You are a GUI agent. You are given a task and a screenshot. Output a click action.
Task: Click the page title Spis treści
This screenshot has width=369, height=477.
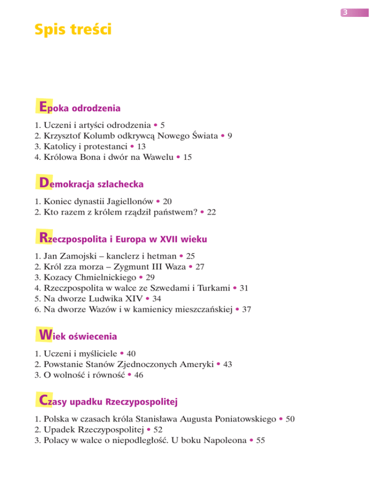[73, 30]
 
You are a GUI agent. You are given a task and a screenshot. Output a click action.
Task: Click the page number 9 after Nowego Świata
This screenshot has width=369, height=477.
[230, 136]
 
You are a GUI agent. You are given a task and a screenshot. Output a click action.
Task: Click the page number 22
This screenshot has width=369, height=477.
[211, 211]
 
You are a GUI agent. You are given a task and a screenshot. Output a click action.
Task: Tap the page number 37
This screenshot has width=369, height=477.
[246, 310]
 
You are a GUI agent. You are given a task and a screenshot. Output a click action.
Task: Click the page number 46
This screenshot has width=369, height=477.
[138, 375]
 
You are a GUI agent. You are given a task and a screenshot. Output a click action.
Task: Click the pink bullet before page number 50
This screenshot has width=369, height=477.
[280, 419]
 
